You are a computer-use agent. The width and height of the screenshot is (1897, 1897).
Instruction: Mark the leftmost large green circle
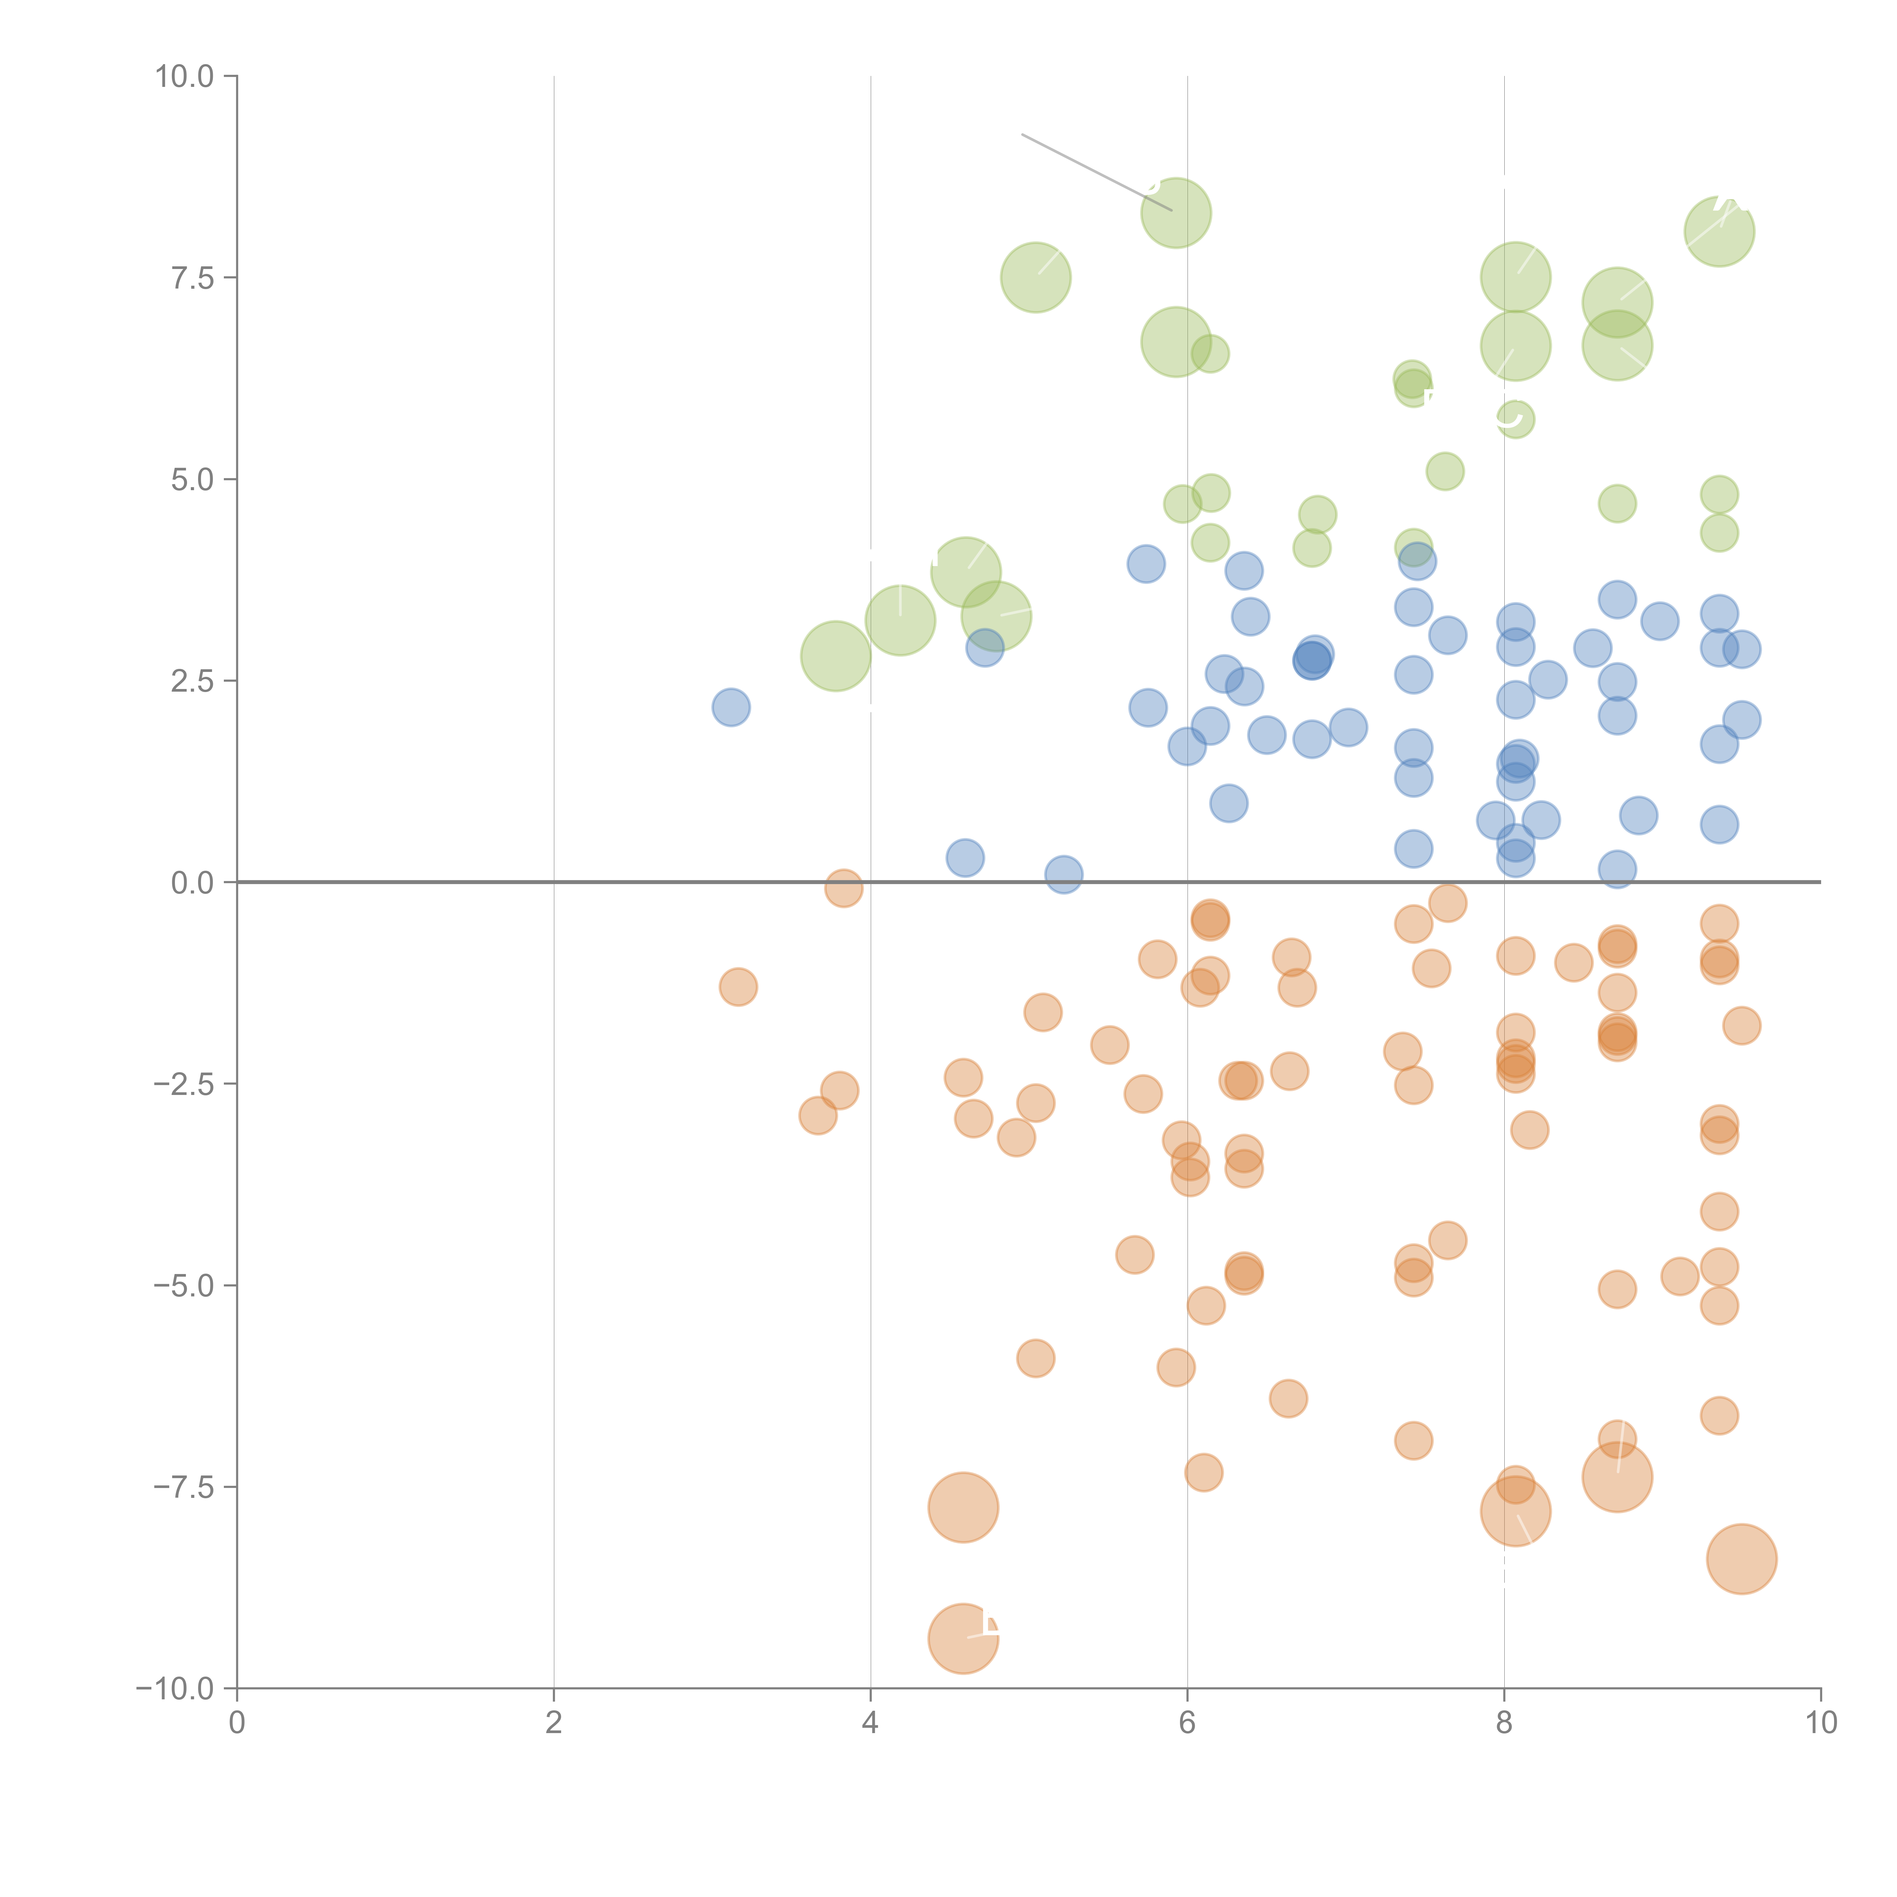(835, 656)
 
